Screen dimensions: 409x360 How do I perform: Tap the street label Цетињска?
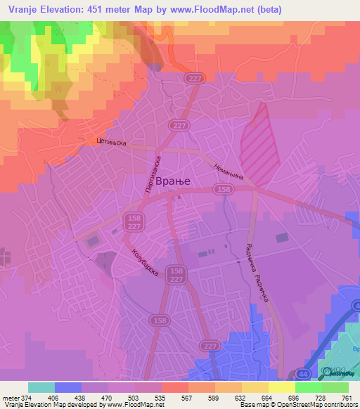[x=110, y=143]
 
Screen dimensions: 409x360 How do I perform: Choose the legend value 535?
[x=161, y=398]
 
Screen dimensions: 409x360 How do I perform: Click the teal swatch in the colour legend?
[x=41, y=387]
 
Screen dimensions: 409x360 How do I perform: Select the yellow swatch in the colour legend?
[x=255, y=387]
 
